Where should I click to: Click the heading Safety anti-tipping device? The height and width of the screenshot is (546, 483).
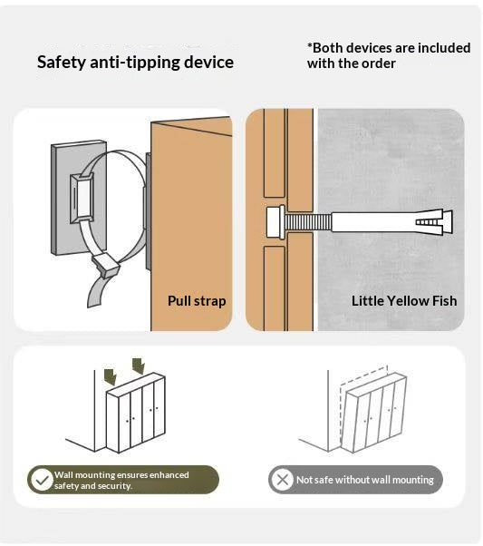click(x=135, y=63)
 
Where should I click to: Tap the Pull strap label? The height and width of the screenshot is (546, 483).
click(x=197, y=301)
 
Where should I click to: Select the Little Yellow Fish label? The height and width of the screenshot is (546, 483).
click(x=404, y=301)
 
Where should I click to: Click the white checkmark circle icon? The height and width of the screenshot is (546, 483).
click(x=42, y=480)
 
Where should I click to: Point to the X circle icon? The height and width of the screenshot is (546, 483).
click(x=282, y=480)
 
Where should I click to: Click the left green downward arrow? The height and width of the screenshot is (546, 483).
click(x=111, y=377)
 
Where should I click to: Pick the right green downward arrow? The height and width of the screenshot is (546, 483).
click(x=139, y=366)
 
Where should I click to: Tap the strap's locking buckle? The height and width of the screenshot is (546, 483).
click(x=105, y=265)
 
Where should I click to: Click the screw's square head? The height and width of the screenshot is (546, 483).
click(x=275, y=222)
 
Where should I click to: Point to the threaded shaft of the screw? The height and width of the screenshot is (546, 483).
click(x=308, y=222)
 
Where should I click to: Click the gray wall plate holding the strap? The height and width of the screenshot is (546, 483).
click(x=79, y=198)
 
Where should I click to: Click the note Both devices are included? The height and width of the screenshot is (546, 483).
click(x=389, y=55)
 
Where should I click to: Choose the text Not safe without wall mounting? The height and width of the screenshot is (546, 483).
click(x=365, y=480)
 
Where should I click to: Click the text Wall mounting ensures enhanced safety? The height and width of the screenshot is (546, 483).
click(x=121, y=480)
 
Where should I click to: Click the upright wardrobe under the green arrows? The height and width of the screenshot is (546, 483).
click(x=136, y=413)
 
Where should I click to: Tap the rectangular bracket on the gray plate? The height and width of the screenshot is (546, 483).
click(x=82, y=198)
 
